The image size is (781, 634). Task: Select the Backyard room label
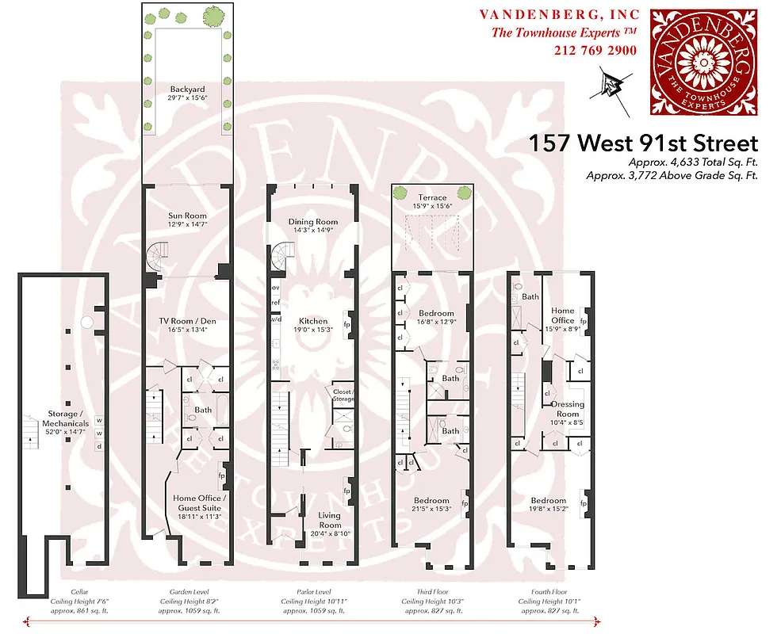[x=187, y=89]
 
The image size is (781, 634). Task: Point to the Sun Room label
[x=187, y=216]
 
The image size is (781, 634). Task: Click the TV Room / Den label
[x=187, y=320]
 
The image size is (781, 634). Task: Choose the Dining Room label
[x=313, y=222]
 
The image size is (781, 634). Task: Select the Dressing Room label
[x=568, y=409]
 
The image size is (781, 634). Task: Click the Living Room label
[x=330, y=520]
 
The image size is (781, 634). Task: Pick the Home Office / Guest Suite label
[x=200, y=502]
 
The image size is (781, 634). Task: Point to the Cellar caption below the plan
[x=68, y=591]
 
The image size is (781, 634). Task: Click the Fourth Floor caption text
[x=549, y=591]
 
